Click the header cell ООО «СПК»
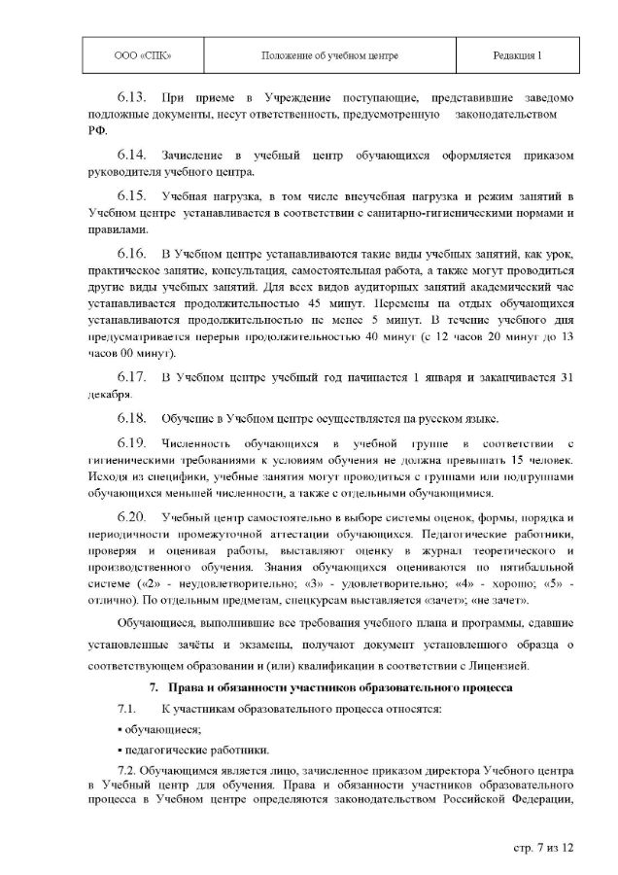[131, 57]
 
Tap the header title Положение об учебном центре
[329, 57]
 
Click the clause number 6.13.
[131, 99]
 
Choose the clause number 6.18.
[131, 419]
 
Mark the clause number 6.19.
[131, 444]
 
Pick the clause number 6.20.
[131, 515]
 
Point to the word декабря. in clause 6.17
[107, 395]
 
